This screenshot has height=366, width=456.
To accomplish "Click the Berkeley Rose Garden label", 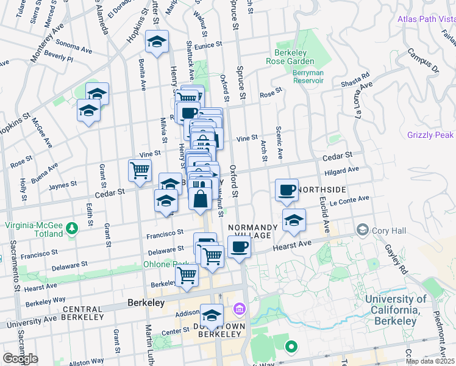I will pyautogui.click(x=290, y=56).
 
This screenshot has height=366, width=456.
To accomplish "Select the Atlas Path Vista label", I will pyautogui.click(x=426, y=19).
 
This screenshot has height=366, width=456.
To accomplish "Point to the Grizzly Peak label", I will pyautogui.click(x=432, y=135).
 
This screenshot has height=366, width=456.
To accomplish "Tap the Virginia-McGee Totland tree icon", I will pyautogui.click(x=73, y=228).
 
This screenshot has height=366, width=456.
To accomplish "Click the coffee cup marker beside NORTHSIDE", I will pyautogui.click(x=287, y=190).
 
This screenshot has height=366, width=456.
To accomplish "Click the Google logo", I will pyautogui.click(x=20, y=359).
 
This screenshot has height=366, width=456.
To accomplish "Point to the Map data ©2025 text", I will pyautogui.click(x=429, y=361).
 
